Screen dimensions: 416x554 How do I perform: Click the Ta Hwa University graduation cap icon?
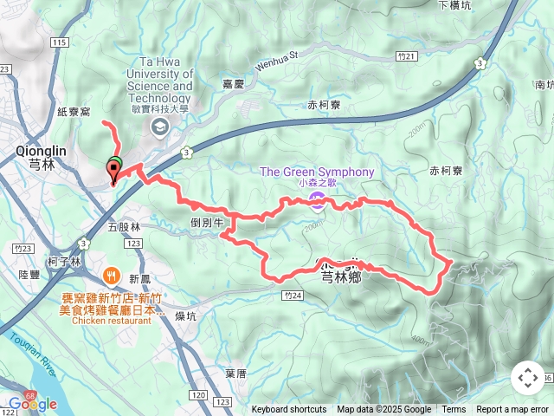click(x=159, y=128)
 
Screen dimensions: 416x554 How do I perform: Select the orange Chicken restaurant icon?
click(x=112, y=278)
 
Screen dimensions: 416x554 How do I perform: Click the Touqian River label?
click(x=32, y=365)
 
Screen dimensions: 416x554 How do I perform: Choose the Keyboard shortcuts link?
click(x=289, y=410)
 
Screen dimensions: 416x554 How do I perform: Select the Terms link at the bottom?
click(x=454, y=410)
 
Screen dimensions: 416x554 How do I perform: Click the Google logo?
click(x=32, y=404)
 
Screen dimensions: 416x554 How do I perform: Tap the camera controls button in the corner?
click(x=528, y=378)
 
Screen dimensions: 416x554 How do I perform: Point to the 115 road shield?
click(x=59, y=42)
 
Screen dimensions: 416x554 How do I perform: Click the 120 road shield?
click(x=198, y=395)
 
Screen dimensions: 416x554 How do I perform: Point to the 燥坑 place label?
click(x=185, y=316)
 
